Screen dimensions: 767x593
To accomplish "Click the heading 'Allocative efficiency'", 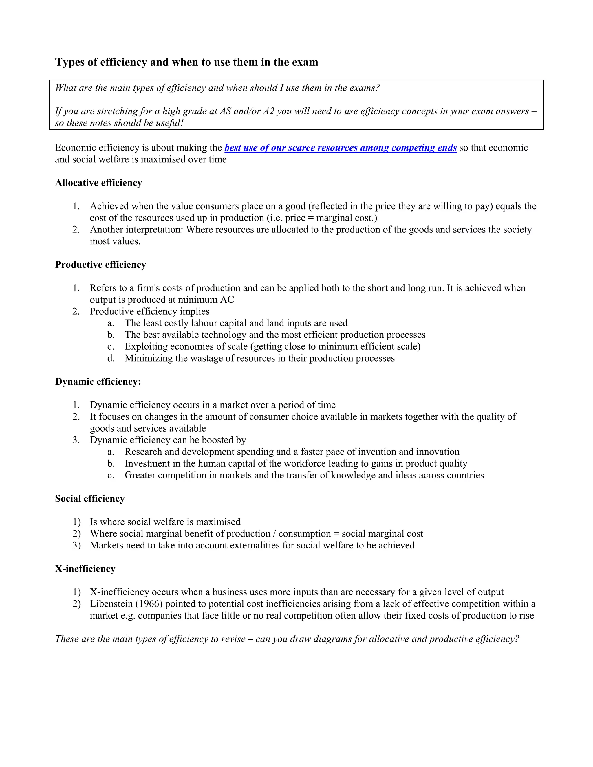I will point(98,183).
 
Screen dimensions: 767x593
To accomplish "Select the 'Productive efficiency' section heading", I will point(100,265).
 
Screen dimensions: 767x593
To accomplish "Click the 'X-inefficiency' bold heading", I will point(85,569).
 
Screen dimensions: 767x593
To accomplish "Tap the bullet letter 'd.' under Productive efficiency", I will point(111,358).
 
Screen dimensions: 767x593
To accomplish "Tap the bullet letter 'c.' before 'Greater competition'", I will point(111,475).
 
